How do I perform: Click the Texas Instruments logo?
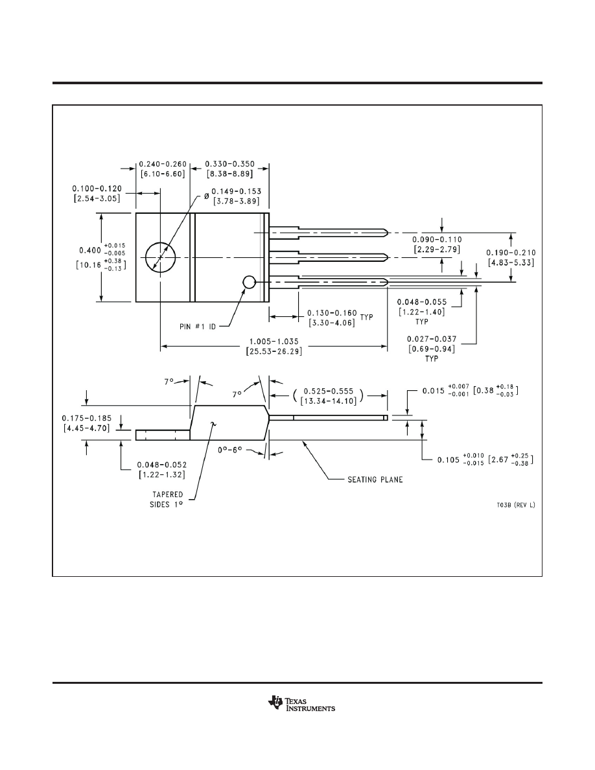click(x=301, y=704)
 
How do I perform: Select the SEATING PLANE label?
click(x=375, y=480)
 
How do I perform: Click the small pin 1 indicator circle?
click(x=249, y=282)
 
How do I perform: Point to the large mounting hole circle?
click(x=160, y=258)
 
